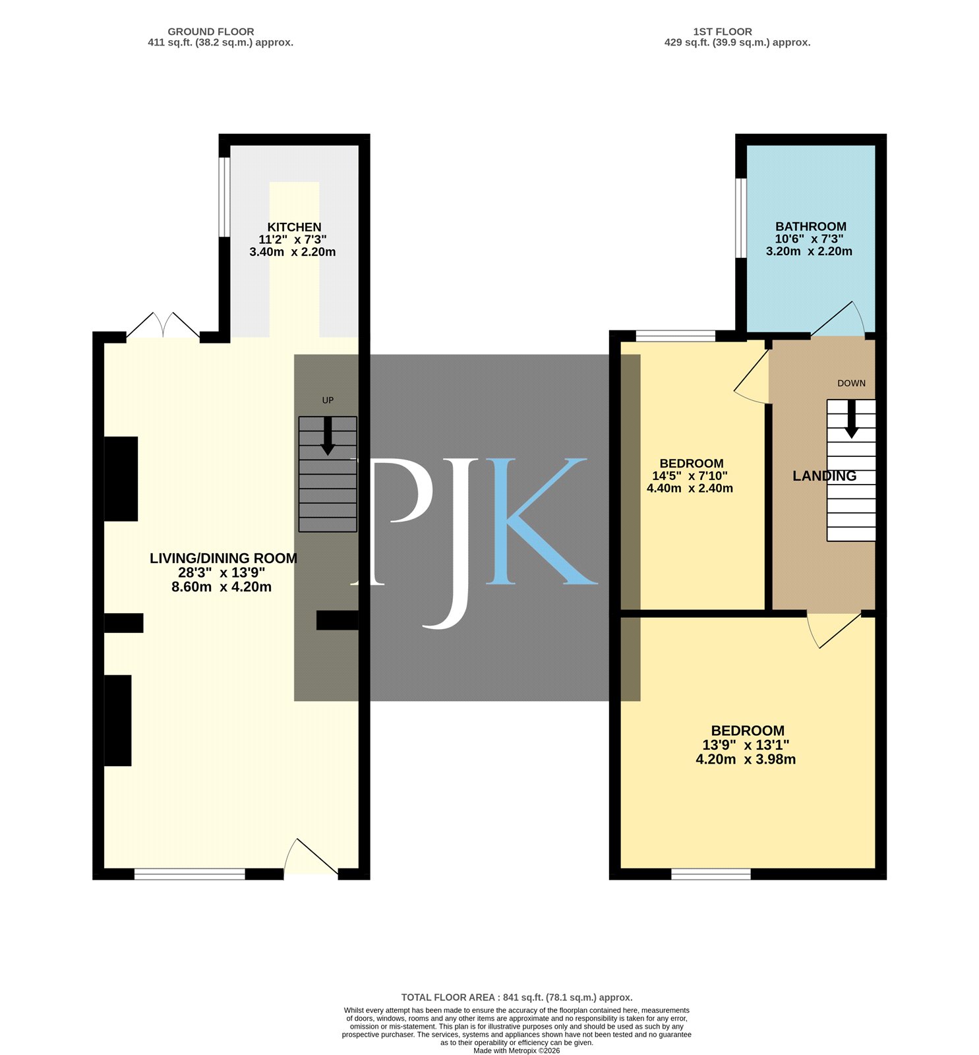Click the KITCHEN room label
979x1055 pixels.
pos(294,227)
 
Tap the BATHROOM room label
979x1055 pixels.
pos(810,227)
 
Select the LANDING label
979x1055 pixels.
pos(824,476)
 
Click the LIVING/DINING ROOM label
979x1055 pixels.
pos(223,558)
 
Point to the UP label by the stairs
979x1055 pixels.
pos(328,400)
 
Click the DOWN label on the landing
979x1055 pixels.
pos(851,383)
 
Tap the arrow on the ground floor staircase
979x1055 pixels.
pos(328,436)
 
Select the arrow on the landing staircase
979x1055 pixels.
pos(851,419)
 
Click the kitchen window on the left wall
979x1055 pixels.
pos(225,196)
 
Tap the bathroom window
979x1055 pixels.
pos(741,218)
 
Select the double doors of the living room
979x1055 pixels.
pos(163,326)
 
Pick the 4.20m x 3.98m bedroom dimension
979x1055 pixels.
pos(746,760)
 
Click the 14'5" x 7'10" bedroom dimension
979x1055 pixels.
pos(690,476)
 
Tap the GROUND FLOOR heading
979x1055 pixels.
pos(211,32)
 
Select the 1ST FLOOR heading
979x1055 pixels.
pos(723,32)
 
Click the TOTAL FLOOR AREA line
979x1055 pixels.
pos(517,998)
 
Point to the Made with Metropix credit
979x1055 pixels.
pos(517,1050)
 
